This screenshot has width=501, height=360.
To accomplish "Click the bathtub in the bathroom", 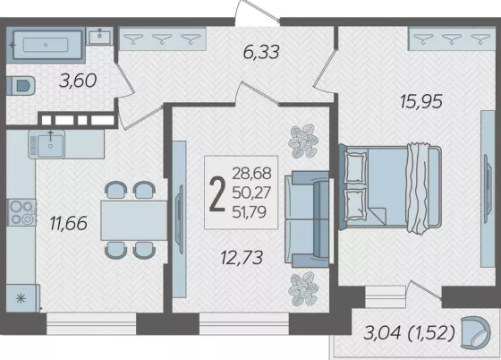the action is (x=46, y=45).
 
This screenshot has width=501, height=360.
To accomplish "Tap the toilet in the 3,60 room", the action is (x=21, y=86).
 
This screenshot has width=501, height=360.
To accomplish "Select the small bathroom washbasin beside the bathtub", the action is (x=99, y=36).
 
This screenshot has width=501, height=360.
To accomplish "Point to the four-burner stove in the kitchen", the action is (x=21, y=212).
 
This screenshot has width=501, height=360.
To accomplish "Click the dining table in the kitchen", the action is (x=134, y=220).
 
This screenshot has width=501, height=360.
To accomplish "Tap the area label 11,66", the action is (x=69, y=223).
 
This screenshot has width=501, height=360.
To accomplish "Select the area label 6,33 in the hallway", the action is (x=261, y=52).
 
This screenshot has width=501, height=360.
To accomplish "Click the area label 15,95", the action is (x=421, y=102).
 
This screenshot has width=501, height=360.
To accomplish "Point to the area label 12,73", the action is (x=242, y=258).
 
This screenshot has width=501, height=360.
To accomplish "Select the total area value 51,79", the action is (x=250, y=212).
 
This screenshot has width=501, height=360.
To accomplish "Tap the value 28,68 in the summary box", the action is (x=251, y=174).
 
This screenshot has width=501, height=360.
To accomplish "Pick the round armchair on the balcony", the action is (x=475, y=332).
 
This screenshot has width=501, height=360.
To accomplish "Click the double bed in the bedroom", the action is (x=390, y=188).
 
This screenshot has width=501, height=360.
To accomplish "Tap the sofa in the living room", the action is (x=307, y=219).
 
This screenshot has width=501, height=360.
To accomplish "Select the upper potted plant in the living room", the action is (x=303, y=141).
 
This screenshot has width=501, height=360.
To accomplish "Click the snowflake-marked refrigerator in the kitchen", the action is (x=22, y=298).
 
